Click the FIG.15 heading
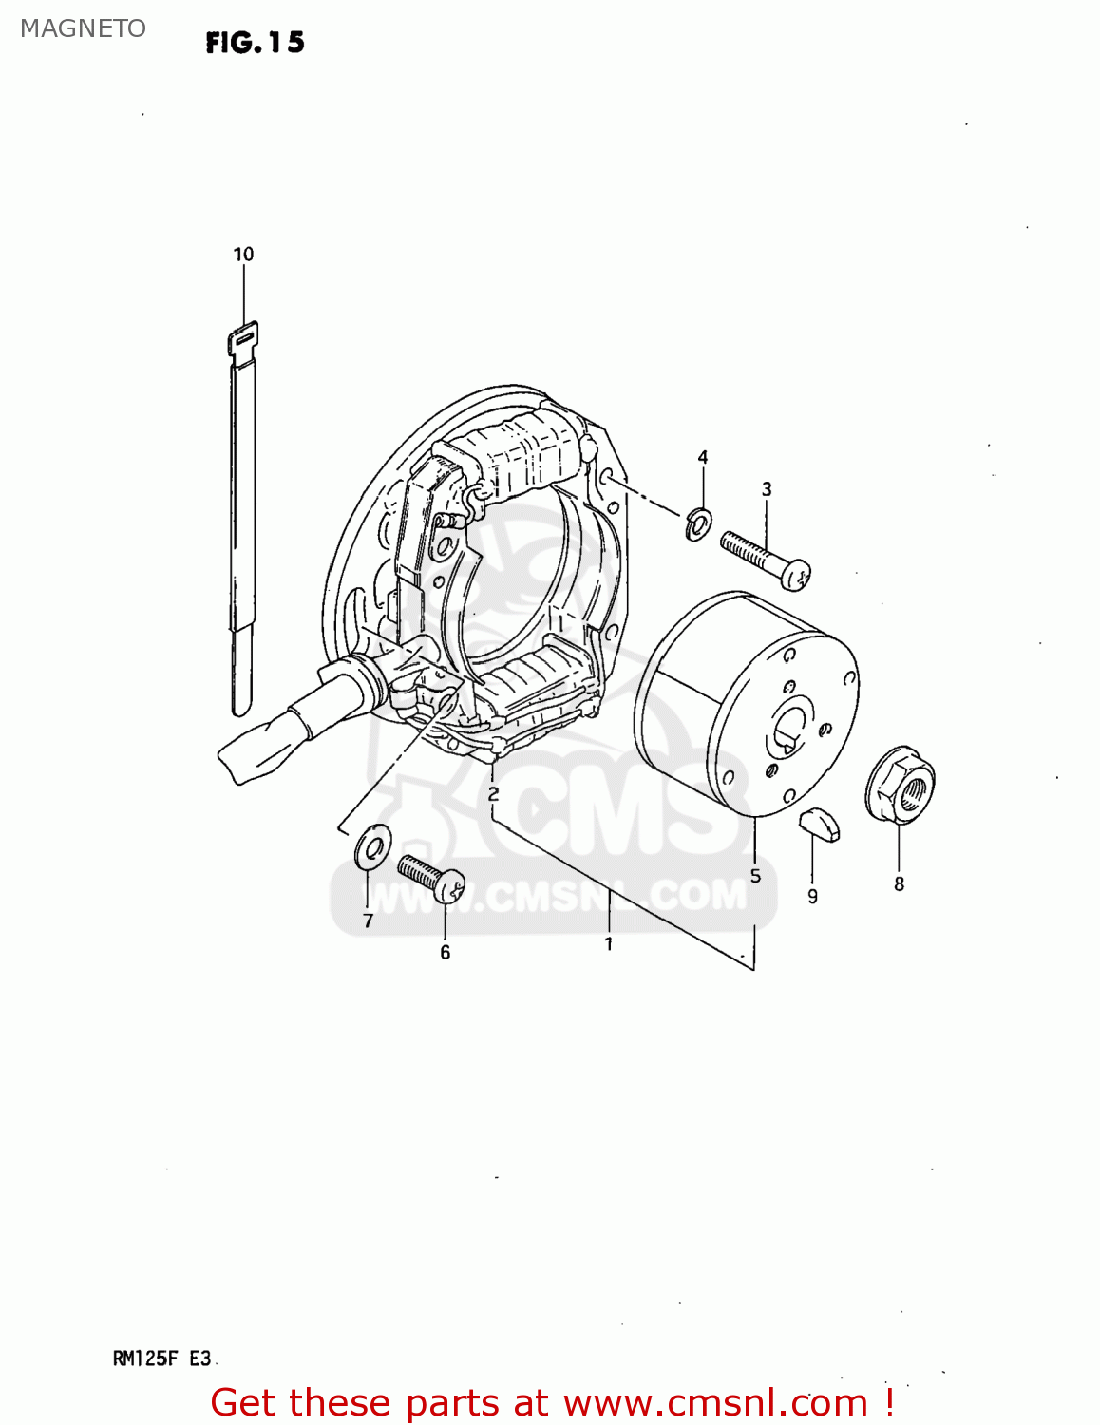(255, 43)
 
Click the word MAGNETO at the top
(84, 28)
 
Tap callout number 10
(243, 255)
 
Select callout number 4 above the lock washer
(703, 458)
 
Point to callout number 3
(767, 489)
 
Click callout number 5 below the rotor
(755, 876)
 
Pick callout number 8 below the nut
(899, 884)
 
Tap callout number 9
(812, 896)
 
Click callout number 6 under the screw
(445, 952)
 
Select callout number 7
(368, 921)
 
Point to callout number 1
(608, 944)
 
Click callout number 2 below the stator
(493, 794)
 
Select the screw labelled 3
(764, 560)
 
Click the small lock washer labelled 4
(698, 523)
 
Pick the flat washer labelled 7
(371, 845)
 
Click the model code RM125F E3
(161, 1358)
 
